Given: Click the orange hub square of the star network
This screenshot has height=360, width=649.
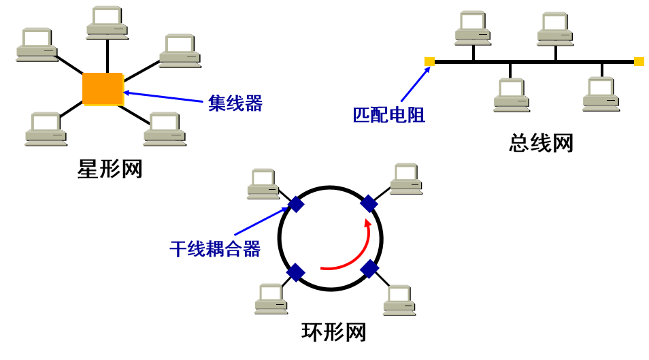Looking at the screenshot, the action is tap(103, 89).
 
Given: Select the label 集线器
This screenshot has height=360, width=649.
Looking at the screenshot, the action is tap(235, 103).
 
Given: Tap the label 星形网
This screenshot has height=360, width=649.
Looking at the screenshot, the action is tap(110, 169).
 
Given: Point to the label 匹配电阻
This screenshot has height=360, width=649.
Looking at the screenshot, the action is tap(388, 115).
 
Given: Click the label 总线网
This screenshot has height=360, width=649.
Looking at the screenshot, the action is tap(541, 143).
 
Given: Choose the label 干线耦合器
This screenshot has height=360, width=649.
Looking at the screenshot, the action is tap(215, 249).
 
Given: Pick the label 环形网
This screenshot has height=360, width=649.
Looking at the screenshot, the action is tap(333, 332).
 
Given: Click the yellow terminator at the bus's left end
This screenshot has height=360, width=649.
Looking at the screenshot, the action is tap(429, 62).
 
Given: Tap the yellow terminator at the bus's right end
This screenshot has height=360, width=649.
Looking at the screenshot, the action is tap(639, 62).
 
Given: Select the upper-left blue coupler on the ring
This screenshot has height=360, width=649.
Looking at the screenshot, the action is tap(297, 204).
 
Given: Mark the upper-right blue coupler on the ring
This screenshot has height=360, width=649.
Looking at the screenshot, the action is tap(369, 203).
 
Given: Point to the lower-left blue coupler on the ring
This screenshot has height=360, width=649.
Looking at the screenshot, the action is tap(296, 273).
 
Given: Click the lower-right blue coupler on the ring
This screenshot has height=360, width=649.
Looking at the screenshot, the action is tap(369, 269).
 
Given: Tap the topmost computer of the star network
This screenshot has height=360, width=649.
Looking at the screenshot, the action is tap(107, 22).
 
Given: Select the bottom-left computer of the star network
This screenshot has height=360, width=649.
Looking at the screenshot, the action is tap(46, 129).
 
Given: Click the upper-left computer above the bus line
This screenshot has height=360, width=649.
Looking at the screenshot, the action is tap(473, 28).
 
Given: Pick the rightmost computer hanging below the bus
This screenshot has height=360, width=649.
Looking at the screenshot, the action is tap(601, 95).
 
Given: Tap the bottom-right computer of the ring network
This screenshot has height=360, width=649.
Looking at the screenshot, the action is tap(399, 299).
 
